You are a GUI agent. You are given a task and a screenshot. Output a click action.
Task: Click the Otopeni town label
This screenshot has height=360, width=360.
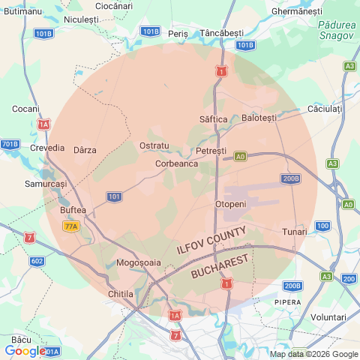click(x=230, y=204)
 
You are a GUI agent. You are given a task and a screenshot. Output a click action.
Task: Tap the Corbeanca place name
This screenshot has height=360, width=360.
click(x=176, y=163)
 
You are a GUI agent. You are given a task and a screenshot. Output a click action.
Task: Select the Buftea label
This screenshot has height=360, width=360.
click(x=73, y=210)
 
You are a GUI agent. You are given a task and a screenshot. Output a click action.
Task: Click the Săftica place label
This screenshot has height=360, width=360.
click(x=214, y=119)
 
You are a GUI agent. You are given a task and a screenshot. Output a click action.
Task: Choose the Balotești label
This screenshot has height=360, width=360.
click(x=259, y=118)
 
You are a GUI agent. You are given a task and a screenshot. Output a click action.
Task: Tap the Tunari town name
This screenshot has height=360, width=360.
click(x=294, y=232)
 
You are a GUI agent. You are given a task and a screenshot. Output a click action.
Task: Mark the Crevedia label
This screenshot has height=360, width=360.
click(x=47, y=148)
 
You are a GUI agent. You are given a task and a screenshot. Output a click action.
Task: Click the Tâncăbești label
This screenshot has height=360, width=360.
click(x=222, y=34)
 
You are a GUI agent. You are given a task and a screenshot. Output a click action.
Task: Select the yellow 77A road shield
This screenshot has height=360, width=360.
click(x=71, y=226)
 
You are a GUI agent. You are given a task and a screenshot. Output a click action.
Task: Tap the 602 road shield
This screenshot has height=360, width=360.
click(x=37, y=261)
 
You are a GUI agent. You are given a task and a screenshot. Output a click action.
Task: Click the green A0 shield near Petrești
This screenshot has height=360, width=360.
click(x=240, y=157)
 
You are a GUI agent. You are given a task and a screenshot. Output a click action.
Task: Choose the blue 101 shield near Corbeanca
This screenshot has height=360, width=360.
click(x=114, y=196)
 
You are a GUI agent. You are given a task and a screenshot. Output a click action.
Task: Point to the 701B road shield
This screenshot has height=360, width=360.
click(x=10, y=144)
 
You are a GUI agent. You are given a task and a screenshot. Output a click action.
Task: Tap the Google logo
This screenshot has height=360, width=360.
click(x=24, y=350)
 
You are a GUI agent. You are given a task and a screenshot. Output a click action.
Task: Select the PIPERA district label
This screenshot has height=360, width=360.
click(x=287, y=302)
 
